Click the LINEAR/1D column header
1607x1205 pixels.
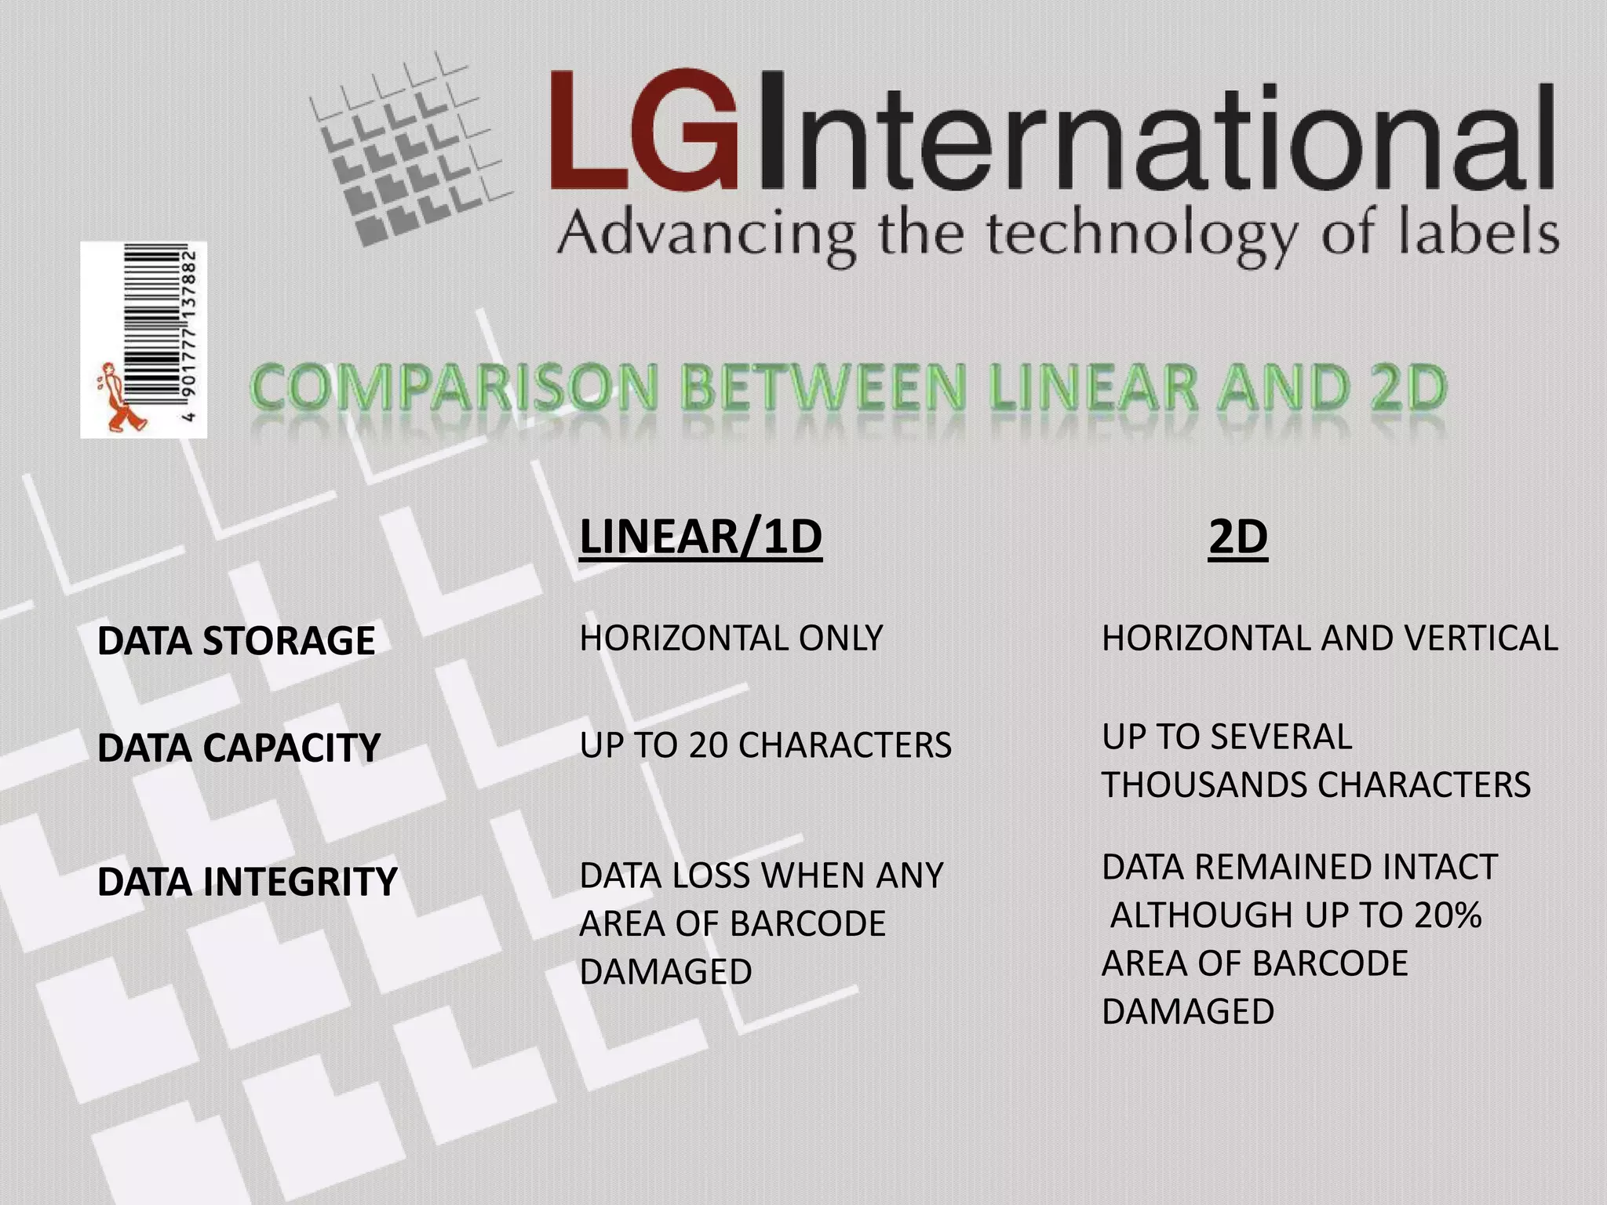pyautogui.click(x=700, y=537)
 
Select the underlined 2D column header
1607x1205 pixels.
pyautogui.click(x=1237, y=537)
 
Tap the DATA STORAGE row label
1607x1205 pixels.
pyautogui.click(x=236, y=640)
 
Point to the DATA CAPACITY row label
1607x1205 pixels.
pyautogui.click(x=239, y=747)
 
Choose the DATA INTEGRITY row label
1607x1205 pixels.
pyautogui.click(x=247, y=881)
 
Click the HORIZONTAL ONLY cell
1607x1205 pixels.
pyautogui.click(x=731, y=638)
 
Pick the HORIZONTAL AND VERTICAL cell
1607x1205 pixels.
pyautogui.click(x=1329, y=638)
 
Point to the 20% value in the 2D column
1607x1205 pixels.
pyautogui.click(x=1448, y=915)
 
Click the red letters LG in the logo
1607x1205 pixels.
pyautogui.click(x=643, y=131)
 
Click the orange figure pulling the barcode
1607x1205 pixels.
pyautogui.click(x=119, y=399)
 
